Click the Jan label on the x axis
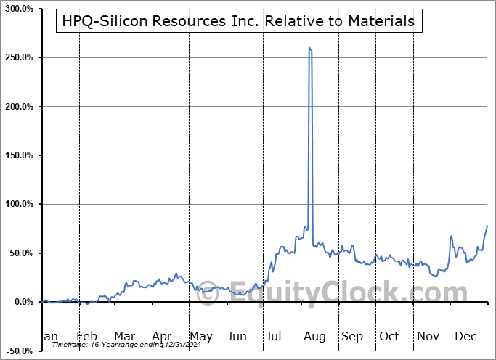49,337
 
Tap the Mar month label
125,337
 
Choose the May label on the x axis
200,337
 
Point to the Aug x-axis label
314,337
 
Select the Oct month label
390,337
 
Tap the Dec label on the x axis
465,337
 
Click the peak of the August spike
310,48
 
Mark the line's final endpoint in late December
487,226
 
